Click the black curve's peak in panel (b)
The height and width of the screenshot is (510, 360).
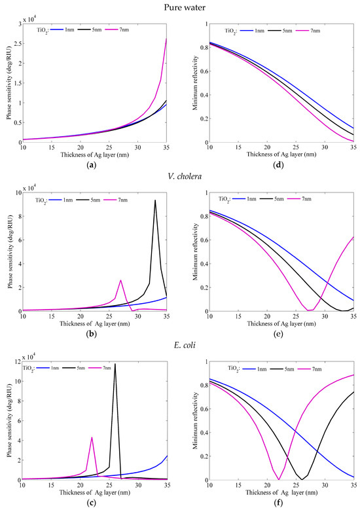tap(155, 200)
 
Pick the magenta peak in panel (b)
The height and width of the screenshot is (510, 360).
tap(120, 280)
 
